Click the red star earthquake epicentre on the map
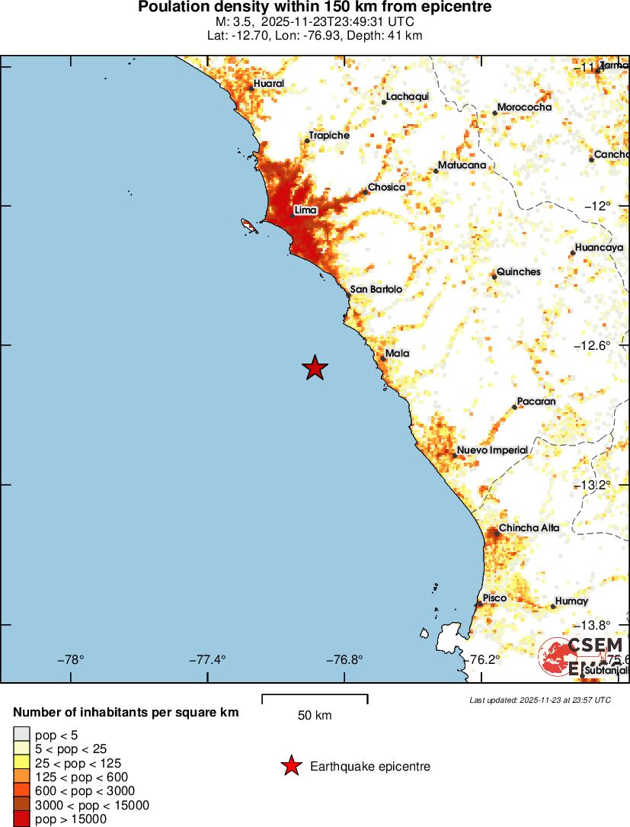coord(315,368)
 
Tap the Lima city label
coord(305,210)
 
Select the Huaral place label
coord(269,83)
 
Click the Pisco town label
coord(494,598)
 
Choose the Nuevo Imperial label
coord(492,450)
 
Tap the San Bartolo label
coord(376,290)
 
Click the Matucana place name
coord(462,165)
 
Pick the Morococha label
coord(524,107)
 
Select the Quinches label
coord(518,271)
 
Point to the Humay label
coord(571,601)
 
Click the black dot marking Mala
coord(383,358)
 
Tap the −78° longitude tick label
coord(71,660)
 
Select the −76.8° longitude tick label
coord(348,660)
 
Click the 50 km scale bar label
coord(314,716)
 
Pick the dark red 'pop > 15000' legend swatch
coord(22,819)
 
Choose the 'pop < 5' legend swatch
coord(22,734)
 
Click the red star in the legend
coord(290,766)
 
